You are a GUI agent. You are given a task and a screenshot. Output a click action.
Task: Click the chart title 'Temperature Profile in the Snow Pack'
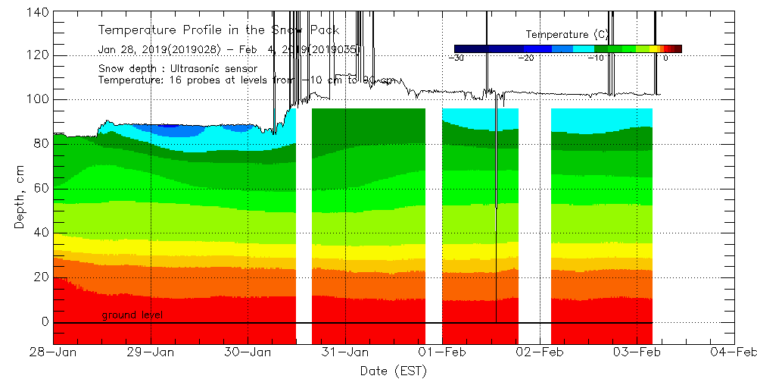pos(218,30)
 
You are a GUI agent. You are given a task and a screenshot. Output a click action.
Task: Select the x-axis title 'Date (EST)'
pos(393,371)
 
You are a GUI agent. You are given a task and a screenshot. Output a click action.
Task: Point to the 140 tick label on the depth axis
pos(39,11)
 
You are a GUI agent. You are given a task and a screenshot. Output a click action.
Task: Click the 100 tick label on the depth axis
pos(39,99)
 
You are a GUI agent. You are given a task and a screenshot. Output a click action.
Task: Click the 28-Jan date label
pos(53,352)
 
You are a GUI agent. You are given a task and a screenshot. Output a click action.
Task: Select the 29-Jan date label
pos(151,352)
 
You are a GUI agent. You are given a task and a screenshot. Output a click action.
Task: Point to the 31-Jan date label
pos(345,352)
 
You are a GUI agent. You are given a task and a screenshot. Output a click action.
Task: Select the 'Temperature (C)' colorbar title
pos(567,34)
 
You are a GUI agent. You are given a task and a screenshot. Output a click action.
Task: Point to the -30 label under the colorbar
pos(456,58)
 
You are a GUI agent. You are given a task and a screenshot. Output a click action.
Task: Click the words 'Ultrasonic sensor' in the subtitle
pos(211,68)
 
